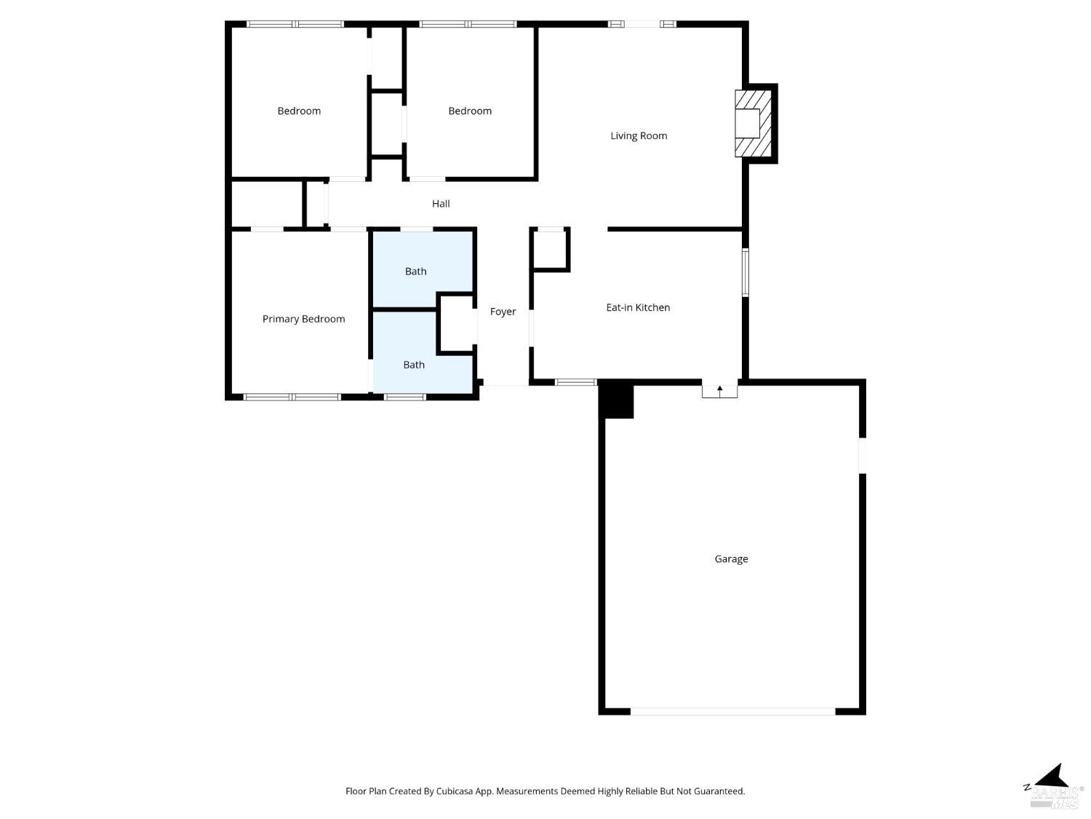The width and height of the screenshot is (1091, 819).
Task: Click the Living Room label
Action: tap(639, 135)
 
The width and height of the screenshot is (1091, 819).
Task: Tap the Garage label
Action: tap(731, 559)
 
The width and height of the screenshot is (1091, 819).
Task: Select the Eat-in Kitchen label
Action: tap(638, 307)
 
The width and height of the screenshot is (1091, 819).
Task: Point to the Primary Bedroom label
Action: tap(303, 319)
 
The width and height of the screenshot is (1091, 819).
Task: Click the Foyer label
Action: tap(503, 312)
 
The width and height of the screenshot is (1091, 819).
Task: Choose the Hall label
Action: tap(441, 204)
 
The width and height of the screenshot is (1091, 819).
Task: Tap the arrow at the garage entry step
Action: tap(720, 390)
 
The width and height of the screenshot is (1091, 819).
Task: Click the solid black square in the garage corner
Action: tap(617, 401)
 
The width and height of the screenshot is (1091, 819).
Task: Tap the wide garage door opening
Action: tap(732, 711)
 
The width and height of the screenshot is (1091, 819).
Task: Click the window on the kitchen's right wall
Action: tap(745, 273)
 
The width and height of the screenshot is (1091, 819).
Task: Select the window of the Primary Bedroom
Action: tap(292, 397)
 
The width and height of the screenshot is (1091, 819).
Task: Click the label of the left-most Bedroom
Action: tap(299, 111)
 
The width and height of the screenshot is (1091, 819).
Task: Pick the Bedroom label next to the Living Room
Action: tap(470, 111)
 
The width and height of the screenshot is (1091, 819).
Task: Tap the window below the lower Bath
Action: tap(404, 397)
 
